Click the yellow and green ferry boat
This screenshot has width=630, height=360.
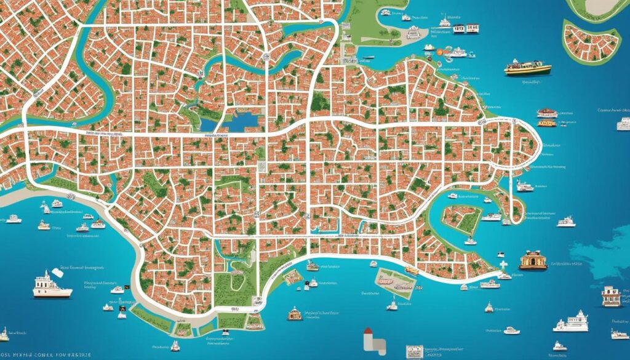pyautogui.click(x=527, y=67)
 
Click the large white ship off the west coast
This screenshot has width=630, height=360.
pyautogui.click(x=52, y=286)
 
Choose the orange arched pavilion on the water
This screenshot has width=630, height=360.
pyautogui.click(x=533, y=261)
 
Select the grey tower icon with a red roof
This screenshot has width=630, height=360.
pyautogui.click(x=370, y=338)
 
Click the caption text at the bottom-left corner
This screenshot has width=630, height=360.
pyautogui.click(x=46, y=354)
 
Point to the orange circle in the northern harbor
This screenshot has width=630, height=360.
pyautogui.click(x=439, y=53)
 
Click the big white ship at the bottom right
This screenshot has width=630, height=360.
pyautogui.click(x=572, y=321)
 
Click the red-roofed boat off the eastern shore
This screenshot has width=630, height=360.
pyautogui.click(x=546, y=113)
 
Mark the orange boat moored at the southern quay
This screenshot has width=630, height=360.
pyautogui.click(x=412, y=270)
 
